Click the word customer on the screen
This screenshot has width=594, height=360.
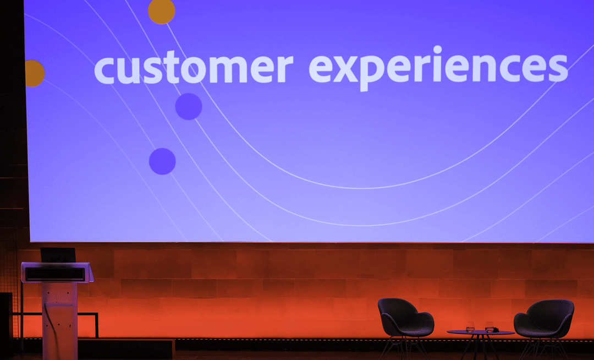[194, 69]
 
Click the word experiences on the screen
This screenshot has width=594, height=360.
[438, 68]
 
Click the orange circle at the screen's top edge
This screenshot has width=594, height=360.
[162, 11]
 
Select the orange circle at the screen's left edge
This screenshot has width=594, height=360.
[34, 73]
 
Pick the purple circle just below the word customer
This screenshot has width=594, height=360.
[189, 106]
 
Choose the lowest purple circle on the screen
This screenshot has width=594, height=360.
[162, 161]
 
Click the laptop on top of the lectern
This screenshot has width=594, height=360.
[58, 255]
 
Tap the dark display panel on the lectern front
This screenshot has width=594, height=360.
[55, 274]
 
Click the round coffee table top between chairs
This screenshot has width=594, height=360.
[480, 333]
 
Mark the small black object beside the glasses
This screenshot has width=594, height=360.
[496, 330]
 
